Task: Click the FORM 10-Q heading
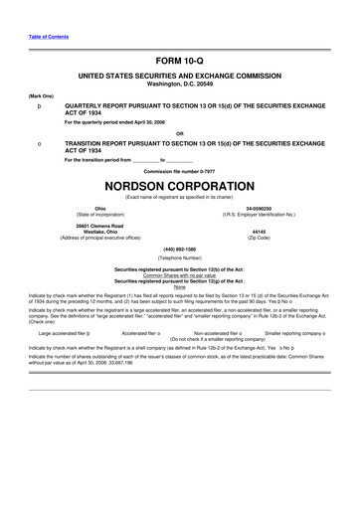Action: pos(180,62)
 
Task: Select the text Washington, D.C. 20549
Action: pos(180,84)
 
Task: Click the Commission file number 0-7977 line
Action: pos(180,170)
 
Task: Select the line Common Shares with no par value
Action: pos(180,273)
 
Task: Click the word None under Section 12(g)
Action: pos(180,287)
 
